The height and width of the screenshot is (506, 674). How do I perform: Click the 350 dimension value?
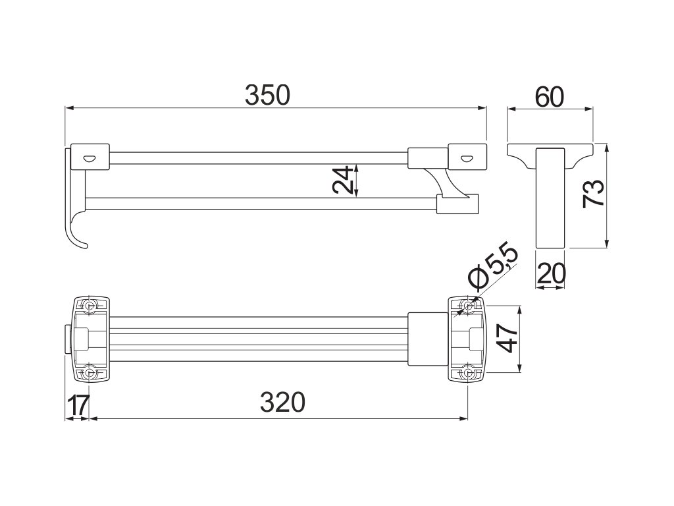[x=267, y=96]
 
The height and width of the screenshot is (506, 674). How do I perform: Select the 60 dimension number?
[x=550, y=97]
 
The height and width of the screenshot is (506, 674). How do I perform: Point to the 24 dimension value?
[x=342, y=179]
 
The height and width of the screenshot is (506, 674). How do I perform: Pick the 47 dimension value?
[x=506, y=338]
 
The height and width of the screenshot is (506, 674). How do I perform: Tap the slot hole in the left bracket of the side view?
[x=90, y=157]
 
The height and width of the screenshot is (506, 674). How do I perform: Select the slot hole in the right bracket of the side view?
[x=466, y=157]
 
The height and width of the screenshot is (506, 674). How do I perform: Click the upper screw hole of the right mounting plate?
[x=468, y=306]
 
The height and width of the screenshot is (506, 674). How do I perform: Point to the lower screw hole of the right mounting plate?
[x=468, y=373]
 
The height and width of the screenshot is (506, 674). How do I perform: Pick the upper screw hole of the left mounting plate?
[x=90, y=306]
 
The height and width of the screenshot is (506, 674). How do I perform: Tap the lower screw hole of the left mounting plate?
[x=90, y=373]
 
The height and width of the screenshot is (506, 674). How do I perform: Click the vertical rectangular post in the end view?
[x=551, y=198]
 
